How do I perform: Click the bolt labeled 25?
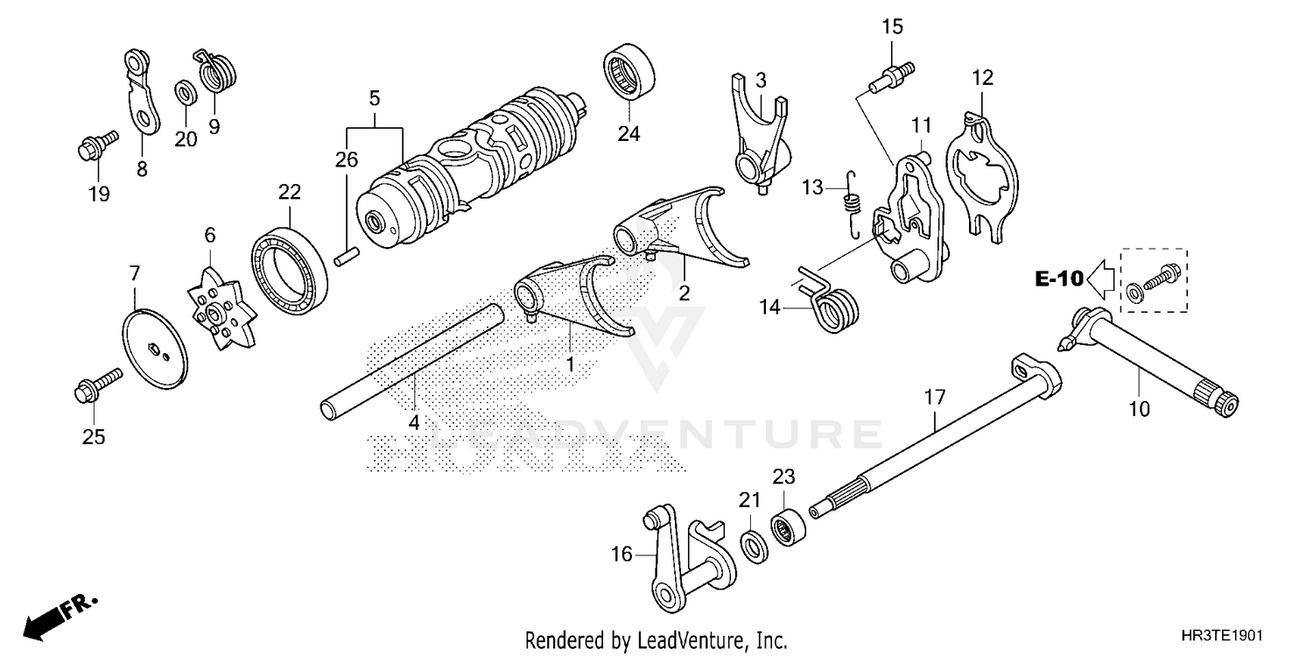pos(96,386)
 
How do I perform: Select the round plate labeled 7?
pos(155,350)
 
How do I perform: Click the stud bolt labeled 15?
pos(891,74)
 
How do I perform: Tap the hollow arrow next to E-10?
pos(1101,279)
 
